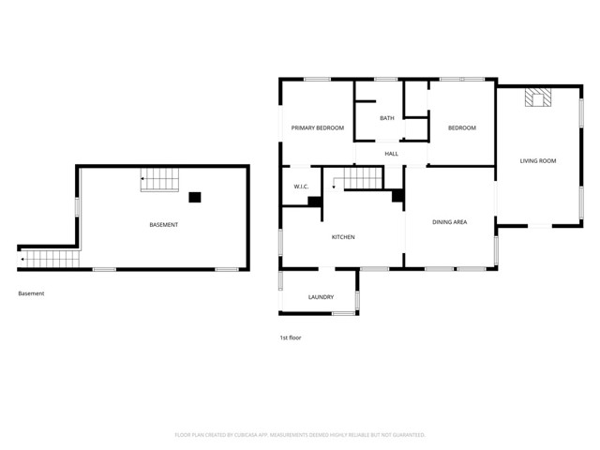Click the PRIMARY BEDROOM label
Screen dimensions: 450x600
(x=317, y=127)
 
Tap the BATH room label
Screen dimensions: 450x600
(x=386, y=118)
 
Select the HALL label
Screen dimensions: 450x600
(x=391, y=154)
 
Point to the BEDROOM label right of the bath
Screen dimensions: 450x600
(x=461, y=128)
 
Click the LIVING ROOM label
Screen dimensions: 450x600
(x=538, y=161)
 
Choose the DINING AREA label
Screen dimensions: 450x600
(x=449, y=222)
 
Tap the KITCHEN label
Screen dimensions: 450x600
(x=343, y=237)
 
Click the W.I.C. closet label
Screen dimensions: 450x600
(x=301, y=187)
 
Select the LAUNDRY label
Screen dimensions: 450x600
(x=321, y=297)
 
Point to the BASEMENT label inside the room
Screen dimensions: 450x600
(x=164, y=225)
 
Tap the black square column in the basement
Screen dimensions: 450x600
(x=195, y=197)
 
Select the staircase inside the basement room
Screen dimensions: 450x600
(x=157, y=178)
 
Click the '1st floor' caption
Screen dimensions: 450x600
(x=291, y=337)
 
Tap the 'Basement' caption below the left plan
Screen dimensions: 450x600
(x=31, y=293)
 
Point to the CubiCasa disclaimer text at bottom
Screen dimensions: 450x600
(x=300, y=435)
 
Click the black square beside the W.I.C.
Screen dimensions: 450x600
(x=314, y=200)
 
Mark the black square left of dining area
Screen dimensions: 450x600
(x=397, y=196)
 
